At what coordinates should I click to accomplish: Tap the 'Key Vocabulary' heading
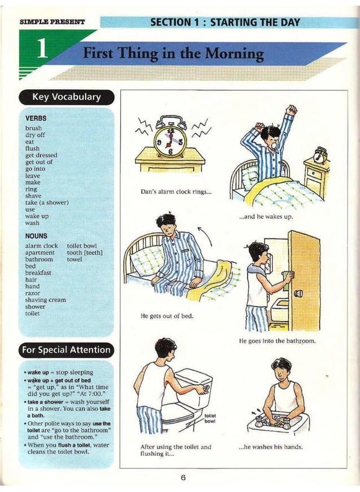coord(67,97)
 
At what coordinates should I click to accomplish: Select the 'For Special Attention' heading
coord(67,350)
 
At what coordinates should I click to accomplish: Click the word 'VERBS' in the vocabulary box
coord(36,118)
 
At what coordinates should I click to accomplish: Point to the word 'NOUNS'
coord(37,236)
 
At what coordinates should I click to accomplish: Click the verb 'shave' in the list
coord(33,196)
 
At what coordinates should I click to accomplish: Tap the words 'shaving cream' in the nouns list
coord(46,300)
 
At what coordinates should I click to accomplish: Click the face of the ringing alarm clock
coord(169,141)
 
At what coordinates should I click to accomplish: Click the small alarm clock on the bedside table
coord(321,154)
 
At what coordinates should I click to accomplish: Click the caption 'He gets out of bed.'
coord(166,315)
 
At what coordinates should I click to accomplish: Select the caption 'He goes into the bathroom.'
coord(277,341)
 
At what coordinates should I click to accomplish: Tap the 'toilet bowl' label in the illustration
coord(210,418)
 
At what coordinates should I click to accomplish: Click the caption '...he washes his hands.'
coord(271,447)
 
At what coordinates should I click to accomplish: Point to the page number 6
coord(183,477)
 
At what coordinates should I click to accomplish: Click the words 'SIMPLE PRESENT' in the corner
coord(52,22)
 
